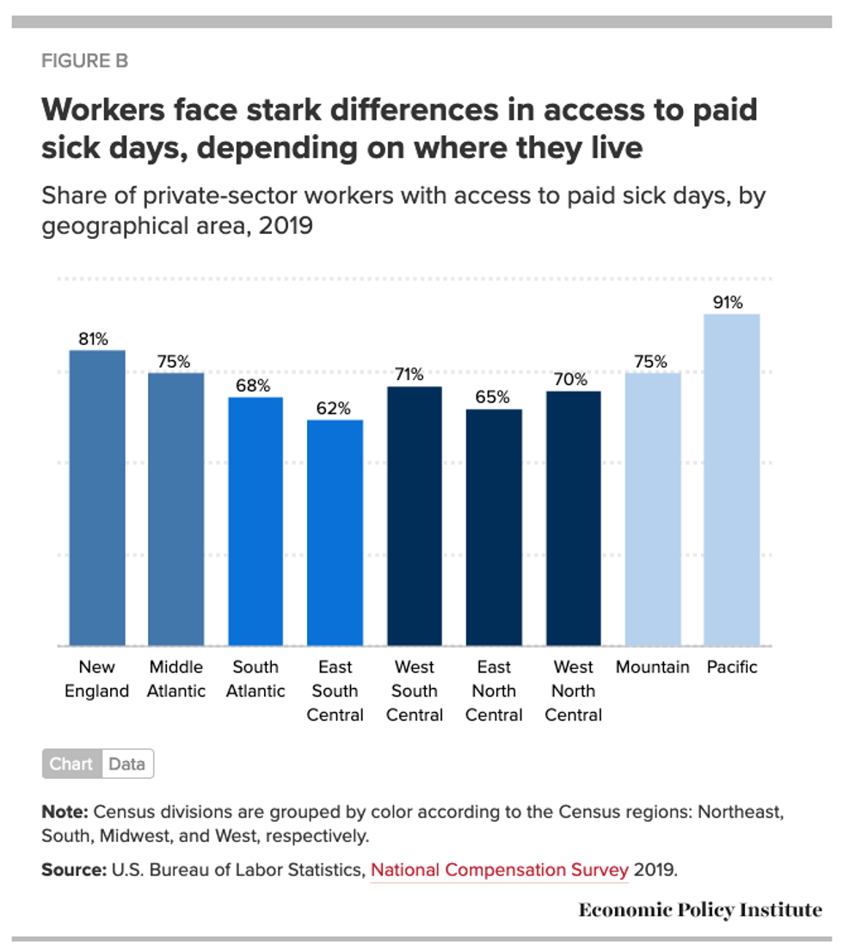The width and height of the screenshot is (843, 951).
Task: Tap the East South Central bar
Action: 335,532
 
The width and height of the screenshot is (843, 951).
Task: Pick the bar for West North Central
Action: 573,518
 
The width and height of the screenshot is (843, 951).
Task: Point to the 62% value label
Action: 333,408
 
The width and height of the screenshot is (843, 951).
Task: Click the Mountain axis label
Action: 652,667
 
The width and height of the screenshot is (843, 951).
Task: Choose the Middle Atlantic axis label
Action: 176,679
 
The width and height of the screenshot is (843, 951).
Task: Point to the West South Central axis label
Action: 415,690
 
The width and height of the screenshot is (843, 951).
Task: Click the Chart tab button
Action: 71,764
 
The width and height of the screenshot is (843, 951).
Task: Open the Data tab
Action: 127,764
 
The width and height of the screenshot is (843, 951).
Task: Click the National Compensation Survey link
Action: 499,869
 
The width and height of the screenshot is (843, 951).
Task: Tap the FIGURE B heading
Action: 85,61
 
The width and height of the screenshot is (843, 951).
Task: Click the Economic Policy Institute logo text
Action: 700,910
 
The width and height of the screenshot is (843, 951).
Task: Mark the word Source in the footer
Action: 74,869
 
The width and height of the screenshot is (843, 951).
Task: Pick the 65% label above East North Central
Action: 492,397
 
